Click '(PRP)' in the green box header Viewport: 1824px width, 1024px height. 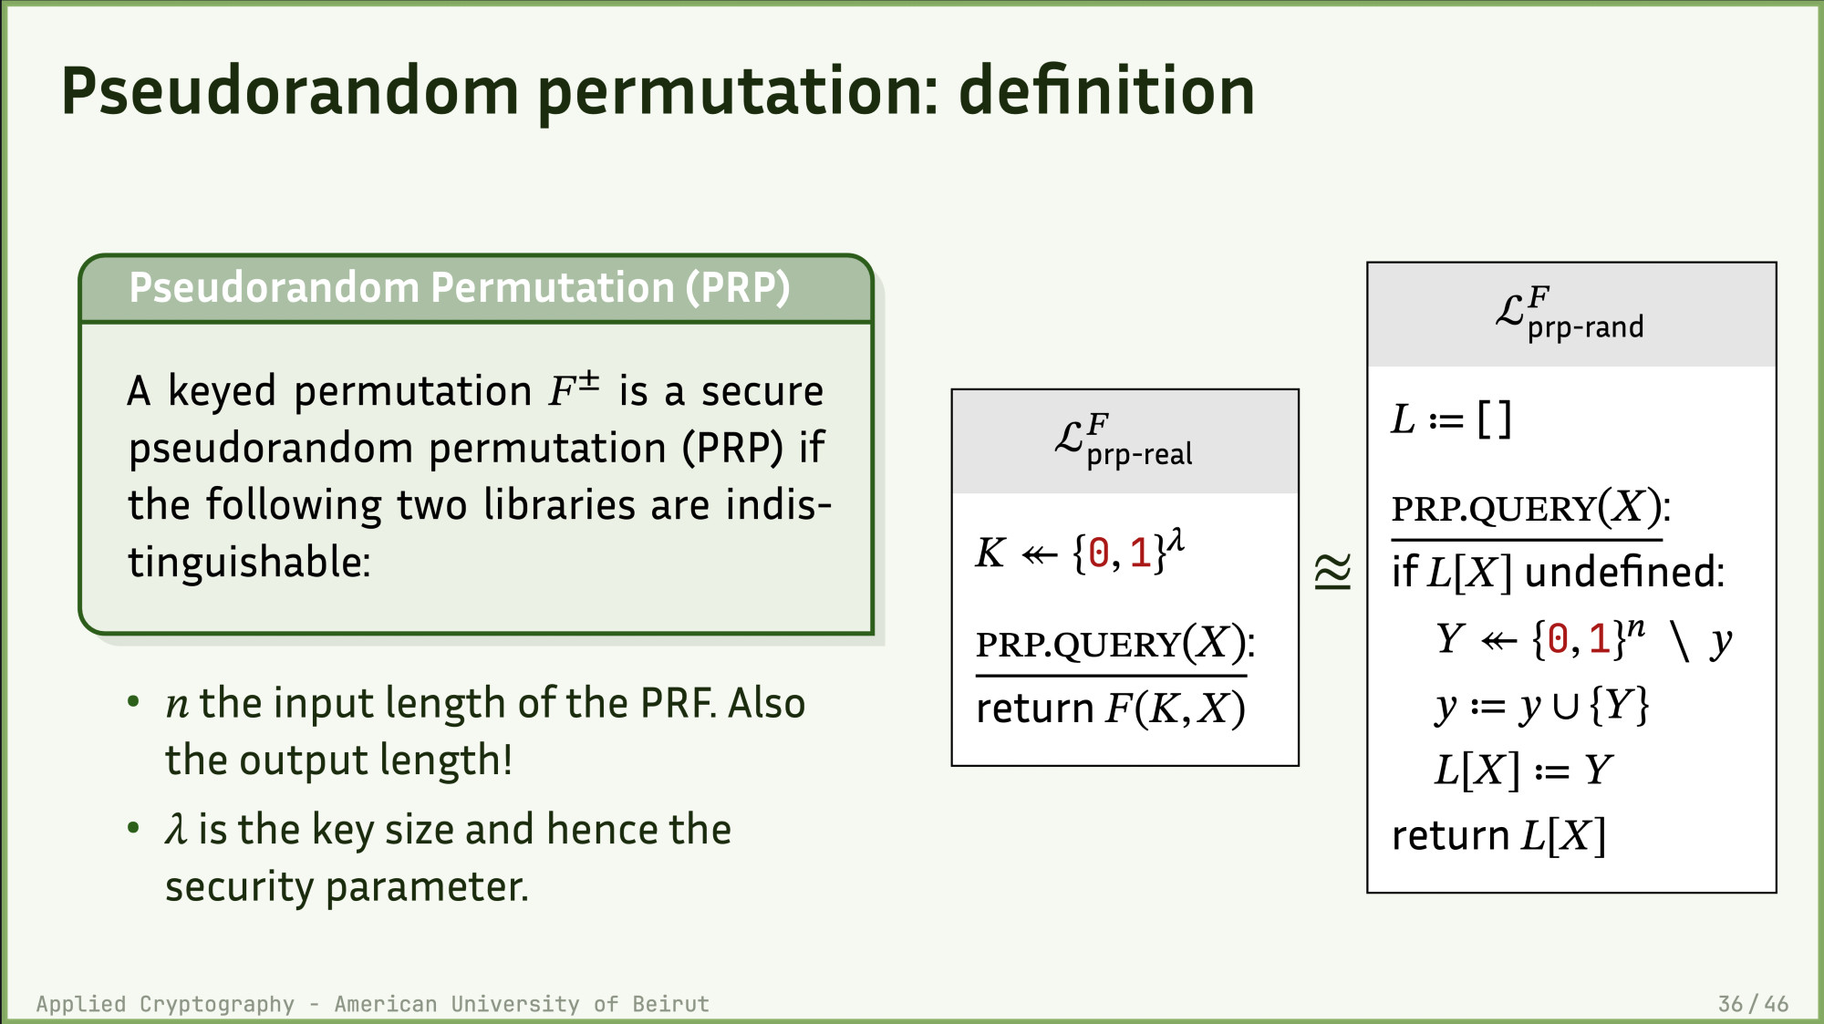click(x=738, y=288)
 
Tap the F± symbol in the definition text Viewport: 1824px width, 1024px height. click(x=574, y=389)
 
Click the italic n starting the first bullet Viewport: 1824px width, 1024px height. click(x=177, y=705)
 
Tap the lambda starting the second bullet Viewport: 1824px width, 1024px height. click(x=176, y=829)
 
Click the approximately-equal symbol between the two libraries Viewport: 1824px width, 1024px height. click(x=1332, y=572)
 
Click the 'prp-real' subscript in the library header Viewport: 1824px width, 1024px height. click(x=1139, y=454)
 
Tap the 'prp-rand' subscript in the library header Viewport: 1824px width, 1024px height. click(x=1585, y=327)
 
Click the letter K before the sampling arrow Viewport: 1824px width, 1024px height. click(x=990, y=553)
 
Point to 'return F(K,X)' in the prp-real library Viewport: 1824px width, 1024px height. click(x=1111, y=709)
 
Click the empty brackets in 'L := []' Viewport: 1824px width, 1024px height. click(x=1495, y=419)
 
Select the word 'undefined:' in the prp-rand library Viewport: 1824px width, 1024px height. click(x=1625, y=573)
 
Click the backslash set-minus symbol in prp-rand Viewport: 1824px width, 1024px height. click(x=1680, y=640)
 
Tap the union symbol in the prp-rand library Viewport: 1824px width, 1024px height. click(x=1565, y=708)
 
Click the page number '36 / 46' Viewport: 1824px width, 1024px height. click(x=1753, y=1004)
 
